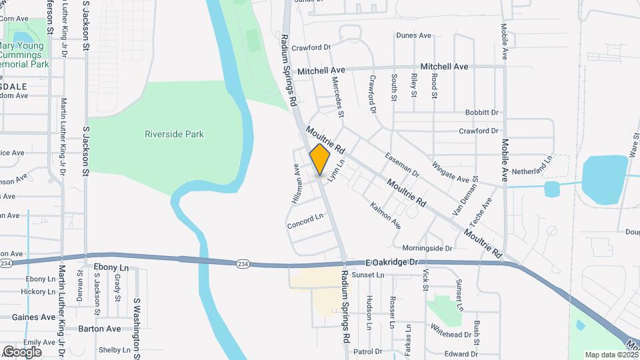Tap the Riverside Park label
pos(174,134)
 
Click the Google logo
pos(22,351)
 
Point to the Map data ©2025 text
pos(611,355)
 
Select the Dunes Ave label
pos(415,35)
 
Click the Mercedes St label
pos(338,96)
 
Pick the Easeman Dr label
pos(403,163)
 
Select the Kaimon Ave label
pos(385,214)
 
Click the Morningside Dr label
pos(427,248)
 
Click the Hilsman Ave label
pos(297,184)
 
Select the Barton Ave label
pos(99,329)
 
